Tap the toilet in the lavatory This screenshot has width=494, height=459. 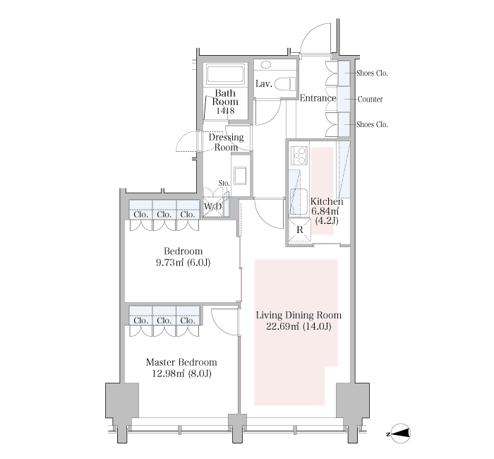tap(285, 85)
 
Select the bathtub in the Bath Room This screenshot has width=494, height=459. tap(225, 74)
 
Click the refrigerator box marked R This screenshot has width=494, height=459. tap(300, 229)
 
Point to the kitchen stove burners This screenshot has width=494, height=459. tap(299, 156)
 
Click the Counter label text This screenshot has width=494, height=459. tap(370, 100)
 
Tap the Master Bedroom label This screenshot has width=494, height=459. tap(181, 362)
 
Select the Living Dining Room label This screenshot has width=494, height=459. tap(299, 315)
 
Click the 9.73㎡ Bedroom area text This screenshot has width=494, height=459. tap(169, 263)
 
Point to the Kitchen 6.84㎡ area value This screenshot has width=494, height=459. tap(325, 210)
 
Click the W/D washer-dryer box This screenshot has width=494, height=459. tap(213, 207)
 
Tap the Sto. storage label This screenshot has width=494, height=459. tap(224, 183)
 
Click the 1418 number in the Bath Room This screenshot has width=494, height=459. tap(225, 111)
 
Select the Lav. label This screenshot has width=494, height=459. tap(264, 84)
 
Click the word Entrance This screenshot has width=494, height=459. tap(318, 98)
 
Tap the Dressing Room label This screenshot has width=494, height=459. tap(227, 142)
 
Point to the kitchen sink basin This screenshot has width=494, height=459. tap(299, 201)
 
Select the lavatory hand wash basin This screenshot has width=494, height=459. tap(266, 65)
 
